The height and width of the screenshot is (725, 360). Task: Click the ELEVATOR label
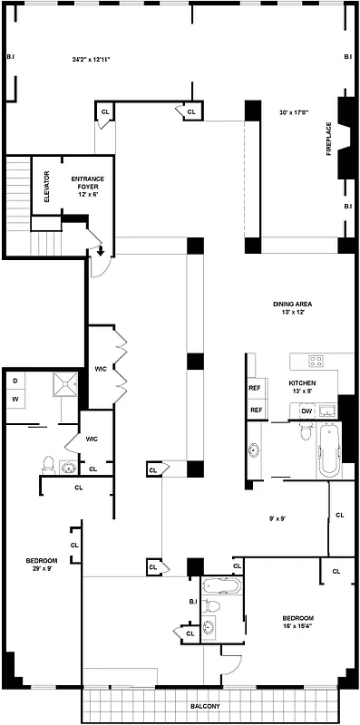click(39, 187)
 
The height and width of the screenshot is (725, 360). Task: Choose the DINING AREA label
click(293, 308)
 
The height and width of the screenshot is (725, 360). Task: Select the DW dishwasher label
click(306, 411)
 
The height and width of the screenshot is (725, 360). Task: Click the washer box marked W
click(15, 398)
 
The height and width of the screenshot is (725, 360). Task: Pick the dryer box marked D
click(15, 380)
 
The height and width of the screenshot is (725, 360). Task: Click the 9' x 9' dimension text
click(277, 518)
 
